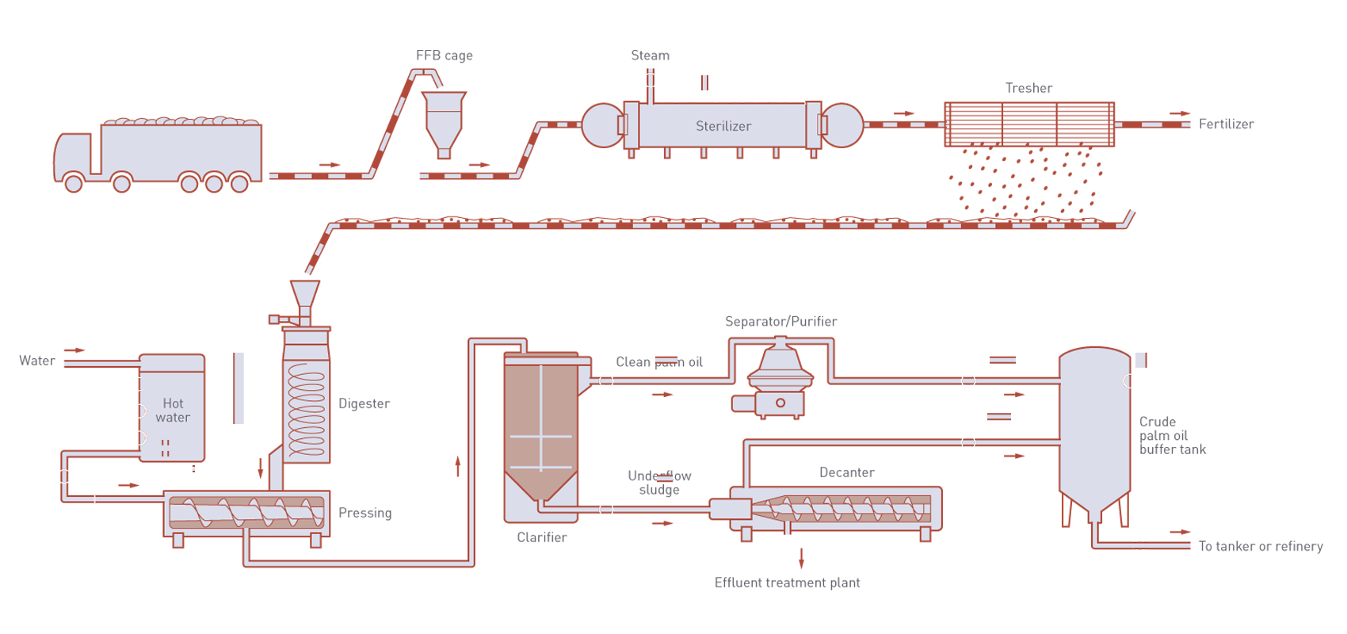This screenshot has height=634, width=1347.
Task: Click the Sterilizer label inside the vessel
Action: click(x=723, y=126)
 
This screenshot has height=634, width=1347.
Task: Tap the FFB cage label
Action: click(x=444, y=55)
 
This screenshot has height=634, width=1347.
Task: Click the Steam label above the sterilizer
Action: click(x=650, y=55)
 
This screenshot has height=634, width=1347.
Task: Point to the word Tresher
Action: click(x=1028, y=88)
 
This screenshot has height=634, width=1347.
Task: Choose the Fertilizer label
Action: click(x=1226, y=124)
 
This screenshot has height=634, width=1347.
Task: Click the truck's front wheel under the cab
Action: click(x=74, y=184)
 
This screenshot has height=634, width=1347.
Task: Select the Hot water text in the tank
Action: click(x=173, y=411)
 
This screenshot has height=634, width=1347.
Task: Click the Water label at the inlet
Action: click(x=37, y=361)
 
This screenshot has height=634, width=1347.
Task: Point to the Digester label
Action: click(x=364, y=403)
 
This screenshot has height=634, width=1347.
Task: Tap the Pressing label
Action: click(x=364, y=513)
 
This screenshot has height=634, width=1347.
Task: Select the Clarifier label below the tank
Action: click(x=541, y=537)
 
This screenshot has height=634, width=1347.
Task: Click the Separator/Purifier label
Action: click(x=780, y=321)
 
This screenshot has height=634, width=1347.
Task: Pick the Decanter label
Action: click(x=846, y=472)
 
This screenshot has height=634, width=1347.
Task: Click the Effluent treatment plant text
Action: click(x=787, y=582)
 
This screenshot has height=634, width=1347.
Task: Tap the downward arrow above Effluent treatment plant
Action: click(x=802, y=558)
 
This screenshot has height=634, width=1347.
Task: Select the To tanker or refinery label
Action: click(x=1260, y=546)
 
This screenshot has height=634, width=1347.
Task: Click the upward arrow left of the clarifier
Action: click(x=458, y=466)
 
